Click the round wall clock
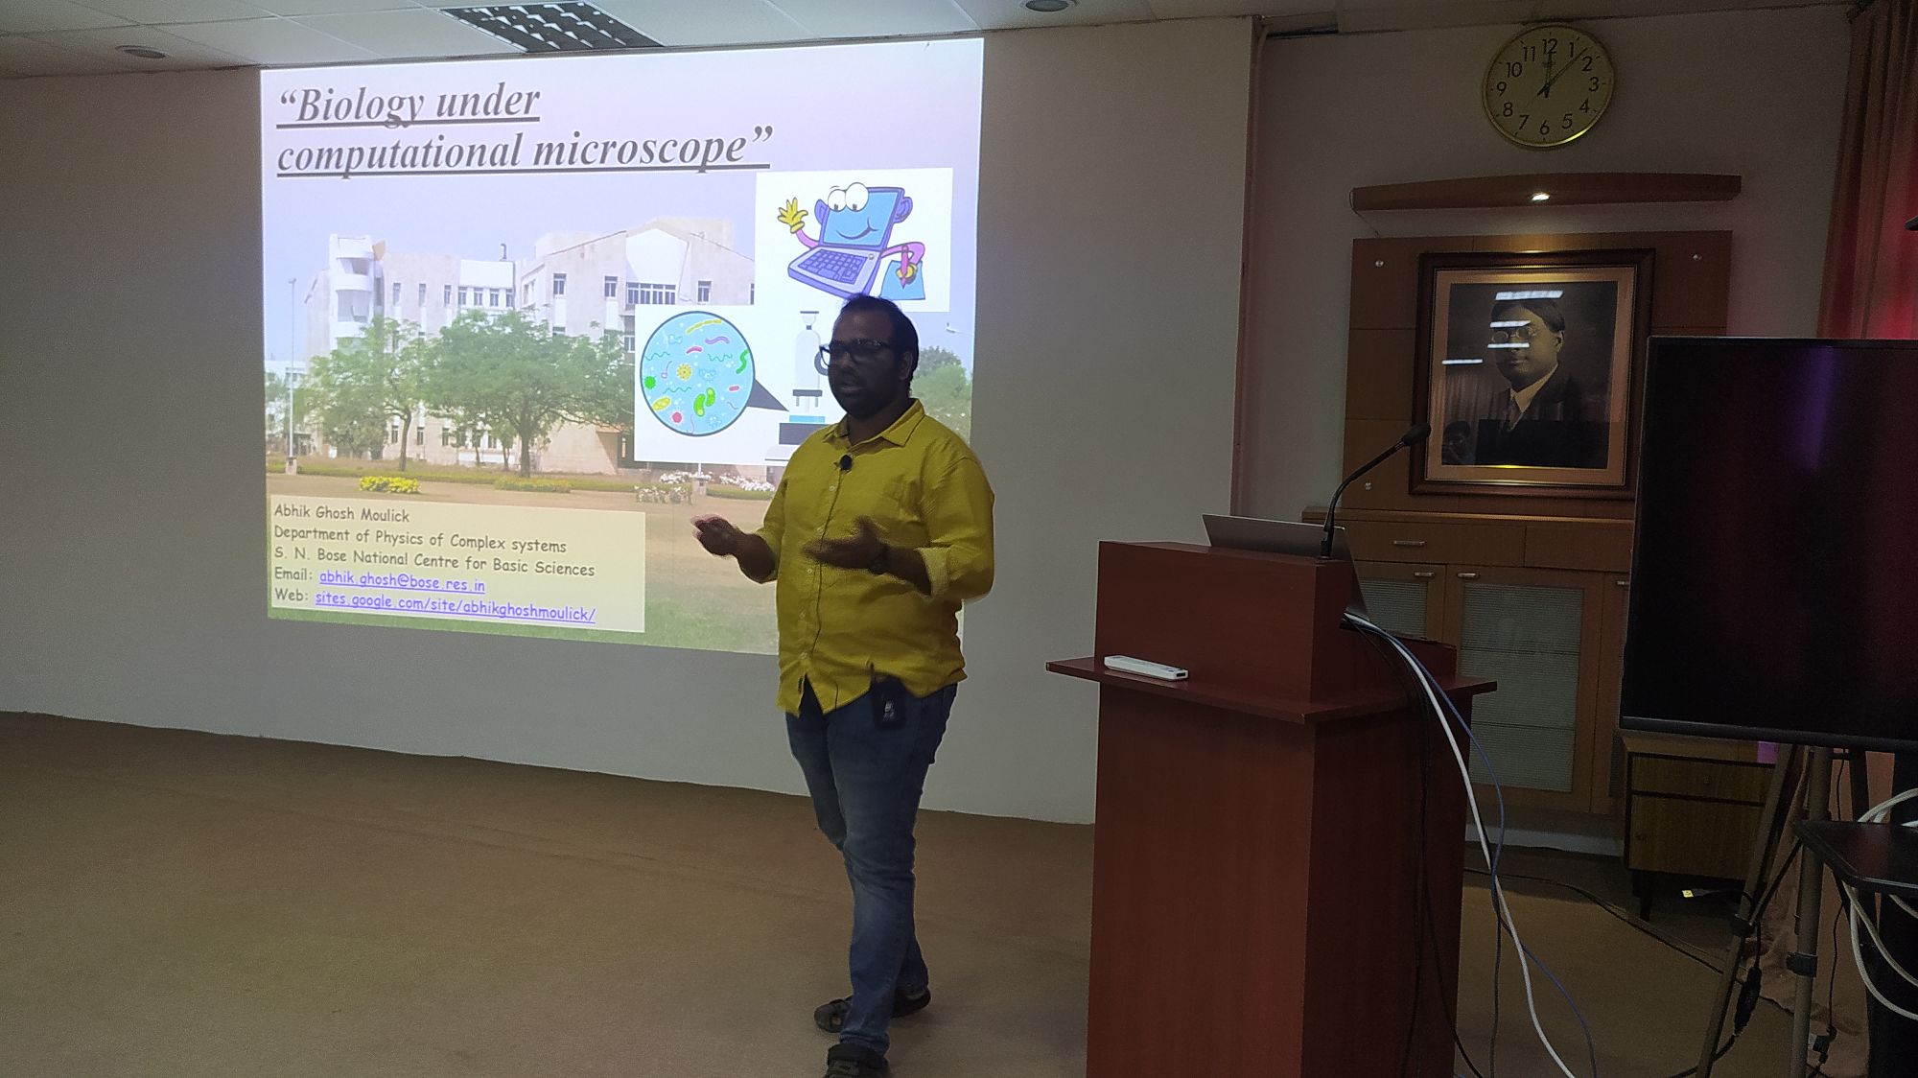pos(1547,87)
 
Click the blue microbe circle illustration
pos(696,374)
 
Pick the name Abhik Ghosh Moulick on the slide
pos(341,515)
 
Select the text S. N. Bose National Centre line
pos(434,562)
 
